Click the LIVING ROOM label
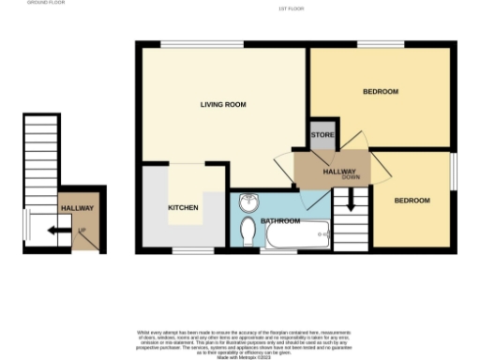[x=223, y=105]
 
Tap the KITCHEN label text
[x=182, y=207]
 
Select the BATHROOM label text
[x=280, y=221]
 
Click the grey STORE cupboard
[x=322, y=136]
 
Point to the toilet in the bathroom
[x=247, y=231]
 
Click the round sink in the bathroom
[x=249, y=202]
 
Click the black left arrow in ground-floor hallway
[x=57, y=228]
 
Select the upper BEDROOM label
[x=381, y=92]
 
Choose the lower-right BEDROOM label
[x=412, y=201]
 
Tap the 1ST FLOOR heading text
[x=292, y=9]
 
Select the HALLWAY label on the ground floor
[x=77, y=208]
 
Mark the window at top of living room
[x=202, y=45]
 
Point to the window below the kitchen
[x=184, y=251]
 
